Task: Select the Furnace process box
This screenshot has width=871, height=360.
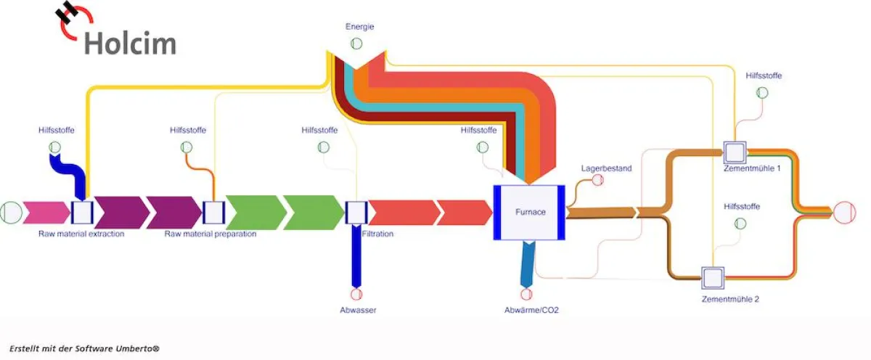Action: pos(529,212)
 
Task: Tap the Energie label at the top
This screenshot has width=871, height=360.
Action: pos(359,27)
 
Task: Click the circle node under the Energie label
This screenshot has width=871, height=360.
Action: pos(356,44)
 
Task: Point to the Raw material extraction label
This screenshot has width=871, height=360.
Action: pos(81,234)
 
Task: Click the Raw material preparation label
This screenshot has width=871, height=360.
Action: pos(210,234)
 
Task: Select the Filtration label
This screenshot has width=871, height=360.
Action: pos(377,234)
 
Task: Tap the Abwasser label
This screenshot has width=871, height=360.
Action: pos(358,311)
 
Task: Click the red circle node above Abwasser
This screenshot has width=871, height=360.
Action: pos(356,294)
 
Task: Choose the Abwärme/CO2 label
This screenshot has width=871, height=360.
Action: pos(531,311)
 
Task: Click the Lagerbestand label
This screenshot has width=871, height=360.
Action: pos(606,168)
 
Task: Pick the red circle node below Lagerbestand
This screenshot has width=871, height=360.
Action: pos(598,180)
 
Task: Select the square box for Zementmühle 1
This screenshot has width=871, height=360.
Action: pos(735,152)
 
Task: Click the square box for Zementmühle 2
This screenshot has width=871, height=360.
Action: pos(712,278)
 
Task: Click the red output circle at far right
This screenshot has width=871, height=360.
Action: pos(844,213)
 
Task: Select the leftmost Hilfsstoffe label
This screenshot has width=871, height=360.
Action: pos(57,131)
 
